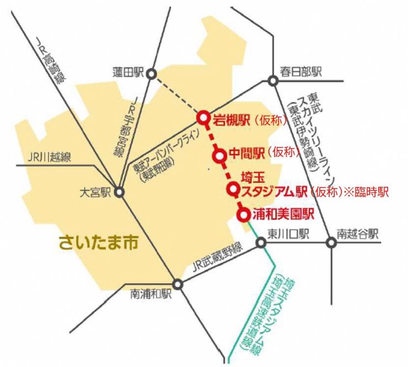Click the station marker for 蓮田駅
(152, 73)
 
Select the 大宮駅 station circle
(119, 192)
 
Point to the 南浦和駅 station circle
(178, 284)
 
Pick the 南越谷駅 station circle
(331, 241)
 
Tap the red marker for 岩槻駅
(203, 117)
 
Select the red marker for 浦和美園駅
(243, 215)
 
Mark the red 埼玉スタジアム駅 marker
(234, 191)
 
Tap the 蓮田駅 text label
(127, 72)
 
